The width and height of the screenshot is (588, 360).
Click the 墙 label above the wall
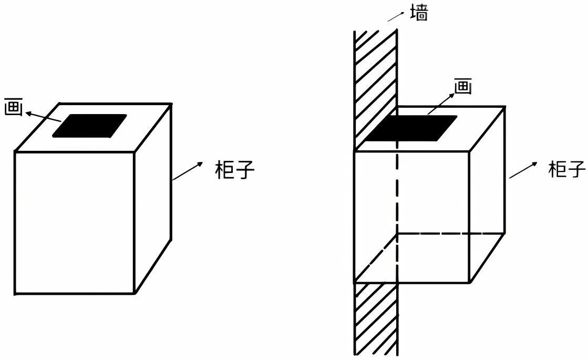tap(419, 14)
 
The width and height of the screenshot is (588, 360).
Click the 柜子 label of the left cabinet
tap(234, 169)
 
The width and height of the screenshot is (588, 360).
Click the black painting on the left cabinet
tap(90, 126)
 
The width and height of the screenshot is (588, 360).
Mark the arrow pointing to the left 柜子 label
tap(187, 171)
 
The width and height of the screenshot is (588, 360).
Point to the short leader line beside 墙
tap(395, 17)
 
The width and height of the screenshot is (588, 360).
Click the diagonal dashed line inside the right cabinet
tap(376, 257)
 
